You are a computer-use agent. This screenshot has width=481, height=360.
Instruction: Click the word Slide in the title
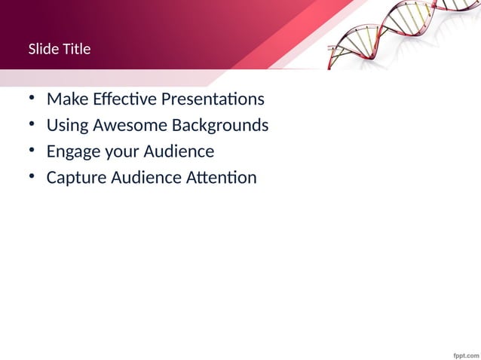tap(43, 49)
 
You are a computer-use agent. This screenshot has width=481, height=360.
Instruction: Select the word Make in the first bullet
tap(66, 99)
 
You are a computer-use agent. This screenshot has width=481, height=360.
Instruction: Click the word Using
tap(67, 126)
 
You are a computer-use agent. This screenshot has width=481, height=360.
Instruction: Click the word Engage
tap(73, 152)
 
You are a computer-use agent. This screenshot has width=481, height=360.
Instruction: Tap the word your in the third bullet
tap(121, 152)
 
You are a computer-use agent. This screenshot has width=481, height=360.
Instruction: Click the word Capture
tap(76, 178)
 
